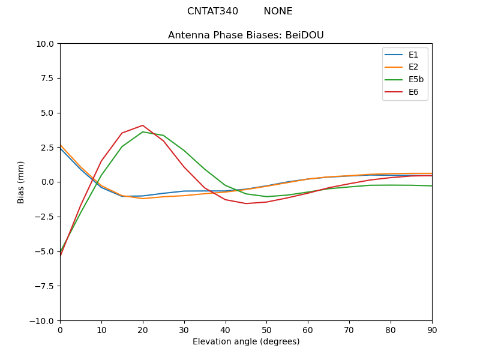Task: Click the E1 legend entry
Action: pos(413,55)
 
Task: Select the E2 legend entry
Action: pos(413,67)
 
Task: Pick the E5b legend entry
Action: pos(416,80)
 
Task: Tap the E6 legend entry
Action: pos(413,92)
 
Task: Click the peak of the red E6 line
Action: pos(142,125)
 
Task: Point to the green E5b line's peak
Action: pos(142,132)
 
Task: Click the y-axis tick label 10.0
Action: pos(46,44)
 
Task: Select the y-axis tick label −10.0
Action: pos(43,321)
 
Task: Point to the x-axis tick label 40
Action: pos(225,330)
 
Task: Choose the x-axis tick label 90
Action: pos(432,330)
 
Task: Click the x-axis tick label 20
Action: pos(142,330)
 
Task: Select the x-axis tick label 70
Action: pos(349,330)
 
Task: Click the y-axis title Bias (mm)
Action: pos(22,182)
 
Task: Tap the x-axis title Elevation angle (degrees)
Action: pos(246,342)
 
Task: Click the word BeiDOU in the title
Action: pos(305,35)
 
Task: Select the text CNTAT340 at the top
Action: pos(212,11)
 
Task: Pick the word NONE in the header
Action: pos(278,11)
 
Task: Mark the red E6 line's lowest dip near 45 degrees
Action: pos(246,203)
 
